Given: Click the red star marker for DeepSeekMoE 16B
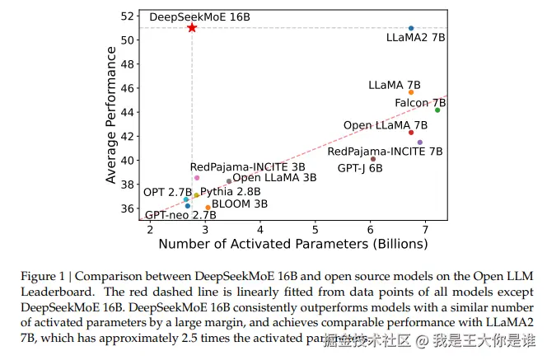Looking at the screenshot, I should [192, 27].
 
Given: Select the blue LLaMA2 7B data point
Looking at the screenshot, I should [411, 28].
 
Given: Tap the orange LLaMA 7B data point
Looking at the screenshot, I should [411, 92].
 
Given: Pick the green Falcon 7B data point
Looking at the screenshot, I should [437, 110].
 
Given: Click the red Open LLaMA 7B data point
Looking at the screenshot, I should [411, 133].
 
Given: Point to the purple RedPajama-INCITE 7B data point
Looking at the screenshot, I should [420, 142].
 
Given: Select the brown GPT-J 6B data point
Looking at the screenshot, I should [373, 159].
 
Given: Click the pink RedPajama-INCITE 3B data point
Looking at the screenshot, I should [197, 178].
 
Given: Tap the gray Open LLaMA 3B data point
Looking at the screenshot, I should [229, 181].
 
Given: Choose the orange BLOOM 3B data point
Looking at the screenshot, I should [208, 208].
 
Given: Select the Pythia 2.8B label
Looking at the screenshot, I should [230, 191].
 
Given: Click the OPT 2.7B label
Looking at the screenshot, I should [167, 192].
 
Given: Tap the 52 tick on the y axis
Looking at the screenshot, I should [128, 16].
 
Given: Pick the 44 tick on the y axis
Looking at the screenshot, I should [128, 112].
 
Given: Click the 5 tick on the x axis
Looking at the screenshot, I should [316, 228].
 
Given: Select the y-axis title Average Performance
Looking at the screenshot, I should [111, 115].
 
